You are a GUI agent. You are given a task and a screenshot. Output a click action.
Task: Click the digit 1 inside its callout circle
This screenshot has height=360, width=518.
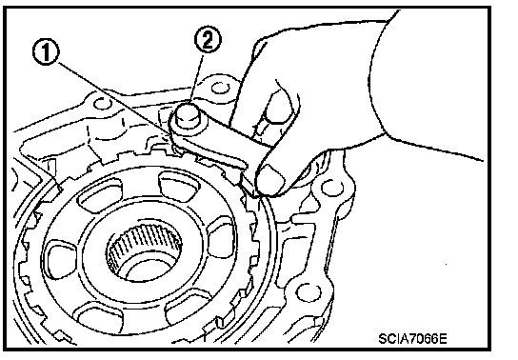point(46,52)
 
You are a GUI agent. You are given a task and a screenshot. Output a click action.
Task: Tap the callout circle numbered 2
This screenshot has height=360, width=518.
point(208,40)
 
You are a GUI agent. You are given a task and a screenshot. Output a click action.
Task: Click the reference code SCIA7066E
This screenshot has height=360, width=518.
point(412,338)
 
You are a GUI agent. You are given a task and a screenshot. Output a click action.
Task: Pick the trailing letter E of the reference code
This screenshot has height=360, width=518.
point(443,338)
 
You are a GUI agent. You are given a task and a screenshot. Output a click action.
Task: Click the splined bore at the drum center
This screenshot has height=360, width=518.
point(145,253)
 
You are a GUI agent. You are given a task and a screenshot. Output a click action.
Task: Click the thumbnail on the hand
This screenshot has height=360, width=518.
point(270,177)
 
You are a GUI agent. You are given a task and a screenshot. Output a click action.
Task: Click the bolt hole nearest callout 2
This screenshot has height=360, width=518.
point(219,88)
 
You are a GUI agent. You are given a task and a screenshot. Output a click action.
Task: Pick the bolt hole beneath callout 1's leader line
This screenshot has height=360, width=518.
point(102,103)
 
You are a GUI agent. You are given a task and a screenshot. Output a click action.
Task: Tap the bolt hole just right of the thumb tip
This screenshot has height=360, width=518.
point(331,188)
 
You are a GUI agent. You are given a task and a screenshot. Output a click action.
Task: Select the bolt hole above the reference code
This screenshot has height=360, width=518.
point(308,292)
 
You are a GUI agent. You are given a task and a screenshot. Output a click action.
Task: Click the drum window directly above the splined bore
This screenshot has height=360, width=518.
point(179,185)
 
